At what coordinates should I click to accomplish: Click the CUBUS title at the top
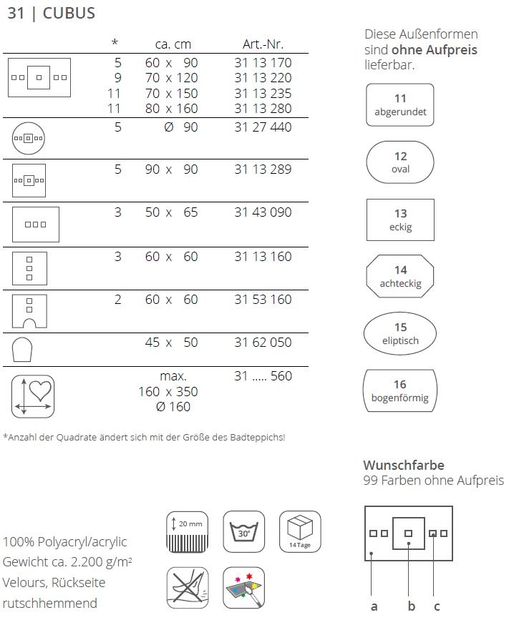click(x=69, y=14)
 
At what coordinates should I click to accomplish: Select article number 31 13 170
click(x=263, y=63)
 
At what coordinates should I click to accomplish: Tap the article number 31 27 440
click(x=263, y=127)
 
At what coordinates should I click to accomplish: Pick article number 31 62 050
click(x=263, y=343)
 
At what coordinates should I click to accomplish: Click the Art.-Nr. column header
click(x=263, y=44)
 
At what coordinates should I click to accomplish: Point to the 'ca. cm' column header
click(x=173, y=44)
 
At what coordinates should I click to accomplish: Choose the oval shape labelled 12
click(x=400, y=162)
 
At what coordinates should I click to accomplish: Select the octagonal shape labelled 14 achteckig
click(x=400, y=277)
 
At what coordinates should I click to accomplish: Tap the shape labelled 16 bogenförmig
click(x=400, y=390)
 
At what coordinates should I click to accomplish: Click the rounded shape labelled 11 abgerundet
click(x=400, y=105)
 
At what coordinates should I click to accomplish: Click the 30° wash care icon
click(x=244, y=531)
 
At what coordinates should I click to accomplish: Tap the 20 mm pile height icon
click(x=188, y=531)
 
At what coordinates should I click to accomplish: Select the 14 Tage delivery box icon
click(x=300, y=531)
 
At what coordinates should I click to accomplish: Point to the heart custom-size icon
click(x=33, y=395)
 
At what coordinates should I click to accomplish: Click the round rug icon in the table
click(x=29, y=138)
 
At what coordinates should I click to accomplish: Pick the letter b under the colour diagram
click(x=411, y=607)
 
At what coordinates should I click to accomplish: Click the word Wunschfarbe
click(x=403, y=466)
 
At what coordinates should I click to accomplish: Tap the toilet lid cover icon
click(x=23, y=351)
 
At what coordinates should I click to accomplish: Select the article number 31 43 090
click(x=263, y=212)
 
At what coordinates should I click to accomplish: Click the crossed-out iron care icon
click(x=188, y=587)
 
